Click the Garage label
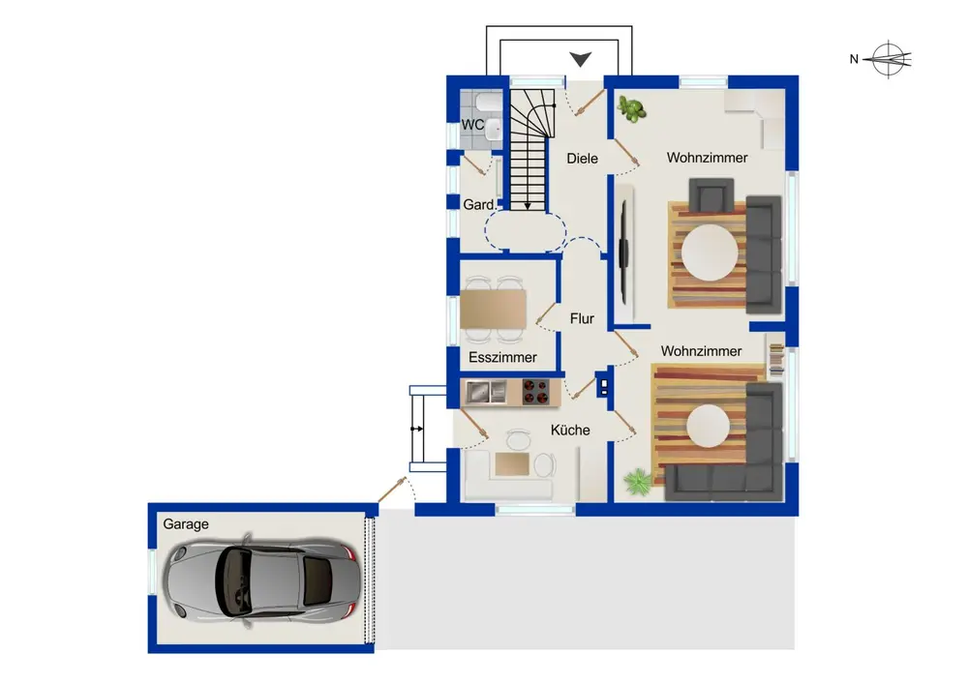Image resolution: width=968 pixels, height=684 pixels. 185,524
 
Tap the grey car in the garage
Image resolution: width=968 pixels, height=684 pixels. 259,580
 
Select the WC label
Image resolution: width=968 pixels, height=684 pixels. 472,125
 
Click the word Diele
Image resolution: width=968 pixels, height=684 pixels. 582,159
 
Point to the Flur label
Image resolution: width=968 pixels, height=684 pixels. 582,319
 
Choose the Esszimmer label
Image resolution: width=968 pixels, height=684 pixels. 502,357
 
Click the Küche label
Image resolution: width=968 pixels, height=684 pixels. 570,430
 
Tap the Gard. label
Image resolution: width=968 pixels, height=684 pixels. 479,204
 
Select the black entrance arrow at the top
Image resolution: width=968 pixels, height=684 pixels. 580,59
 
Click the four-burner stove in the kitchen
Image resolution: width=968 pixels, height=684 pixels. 535,392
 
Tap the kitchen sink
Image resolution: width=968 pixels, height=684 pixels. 486,392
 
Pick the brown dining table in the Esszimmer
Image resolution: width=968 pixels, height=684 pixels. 494,309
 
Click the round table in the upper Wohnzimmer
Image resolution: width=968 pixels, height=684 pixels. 710,253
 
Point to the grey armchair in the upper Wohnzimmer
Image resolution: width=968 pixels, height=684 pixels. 711,194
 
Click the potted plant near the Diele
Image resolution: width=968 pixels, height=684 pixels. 631,108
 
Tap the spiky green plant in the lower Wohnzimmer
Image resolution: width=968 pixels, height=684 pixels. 636,482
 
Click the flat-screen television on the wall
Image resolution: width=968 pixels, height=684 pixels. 624,253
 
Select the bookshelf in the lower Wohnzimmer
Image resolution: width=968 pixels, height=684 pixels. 776,359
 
